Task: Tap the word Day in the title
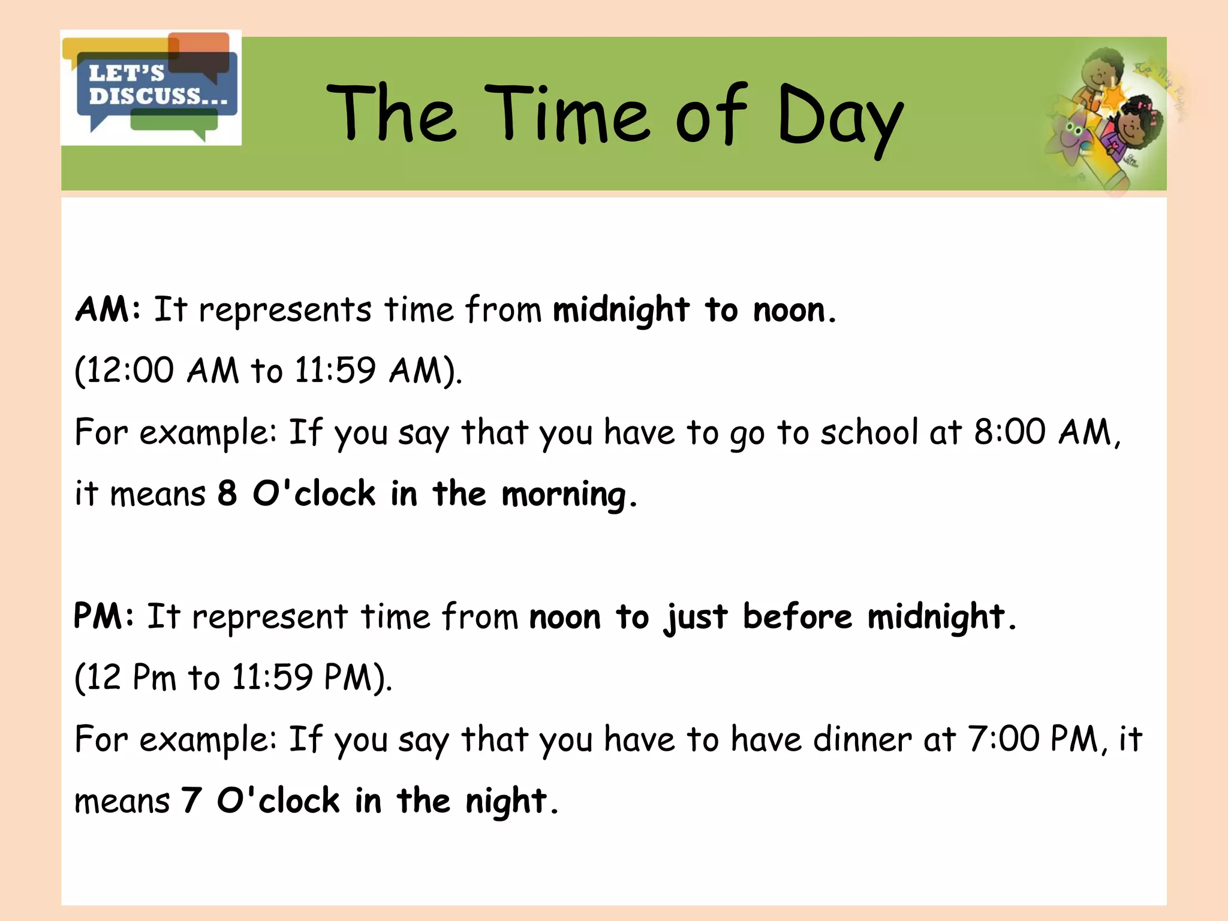click(839, 117)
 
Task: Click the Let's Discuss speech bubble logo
click(152, 88)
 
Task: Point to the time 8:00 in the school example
click(1009, 432)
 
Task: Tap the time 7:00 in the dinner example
click(1003, 739)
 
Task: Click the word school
click(869, 432)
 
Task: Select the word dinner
click(862, 739)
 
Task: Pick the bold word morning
click(564, 495)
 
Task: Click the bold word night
click(507, 802)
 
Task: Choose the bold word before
click(797, 616)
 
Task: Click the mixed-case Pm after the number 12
click(154, 678)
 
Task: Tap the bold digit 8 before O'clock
click(227, 494)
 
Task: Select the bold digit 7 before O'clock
click(191, 801)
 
